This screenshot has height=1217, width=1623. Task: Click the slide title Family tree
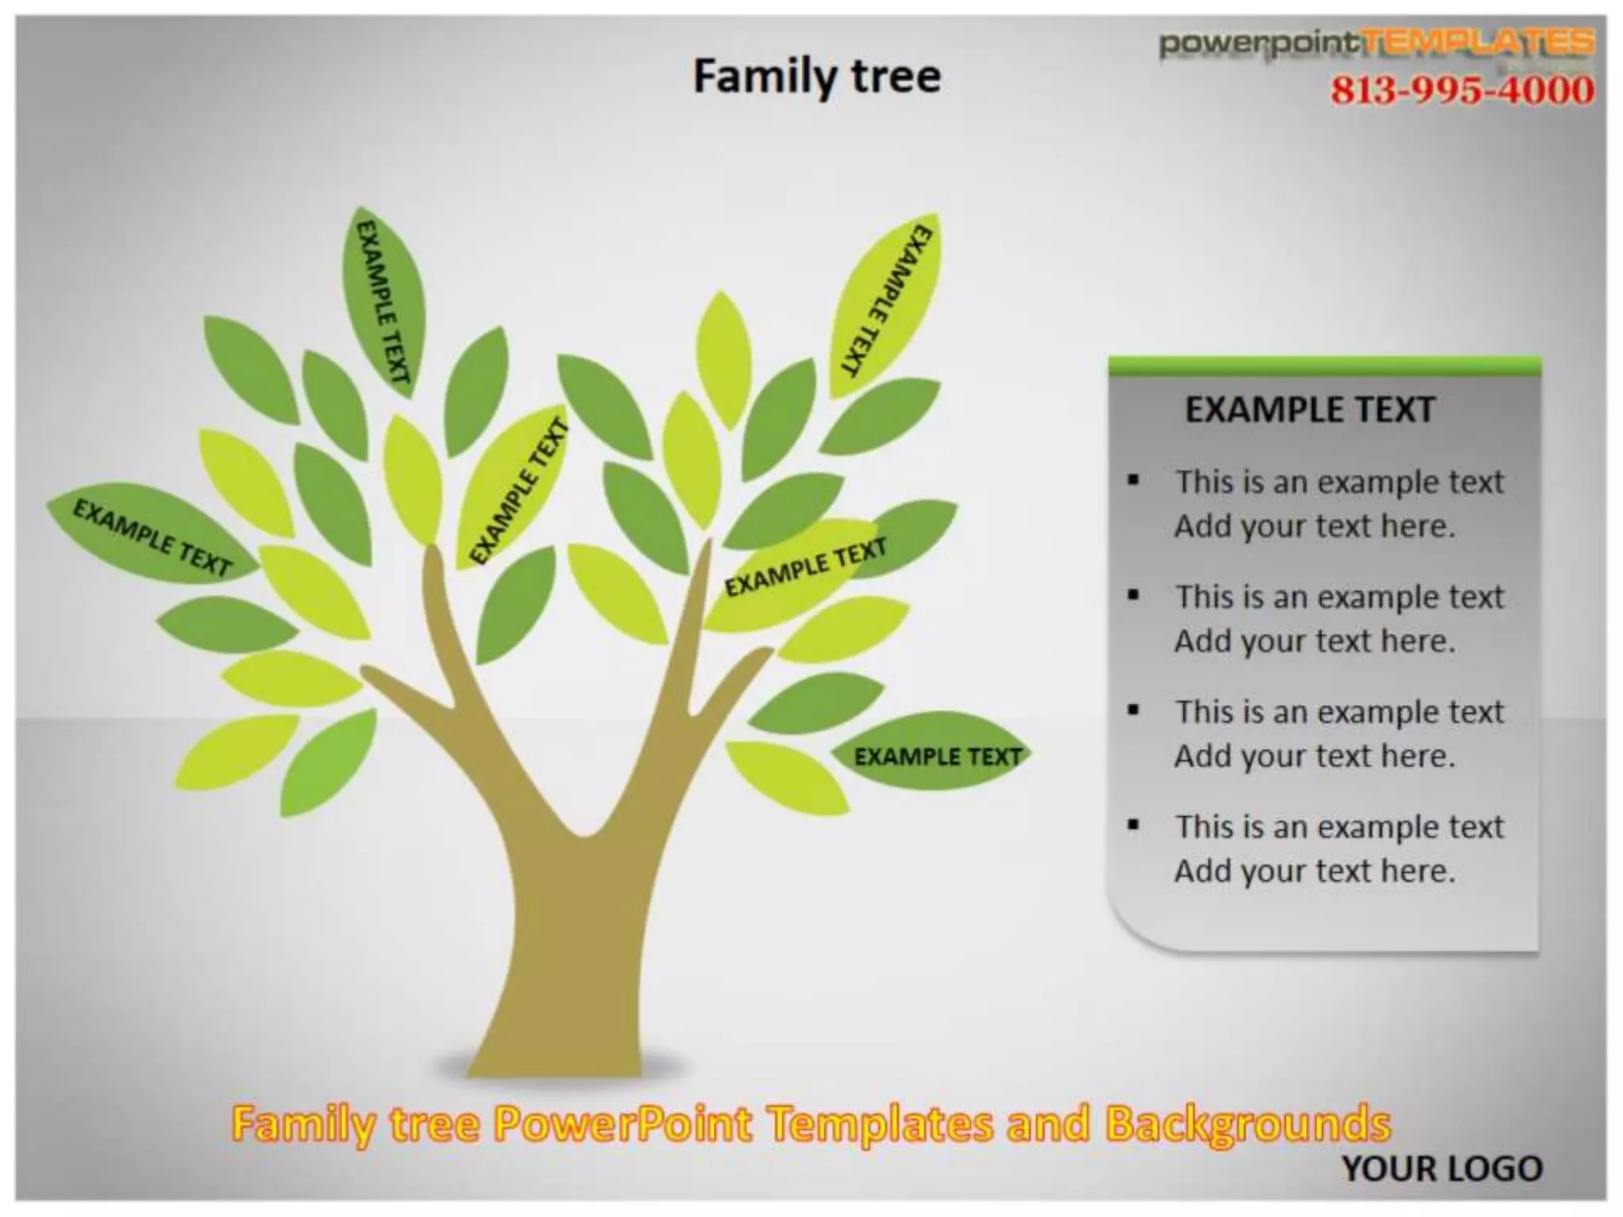point(817,77)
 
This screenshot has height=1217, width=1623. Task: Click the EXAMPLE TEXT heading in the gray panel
point(1310,410)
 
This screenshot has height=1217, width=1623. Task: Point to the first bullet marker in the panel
point(1134,479)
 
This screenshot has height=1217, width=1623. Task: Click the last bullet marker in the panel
point(1134,825)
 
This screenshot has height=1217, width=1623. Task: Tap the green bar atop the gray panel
point(1323,366)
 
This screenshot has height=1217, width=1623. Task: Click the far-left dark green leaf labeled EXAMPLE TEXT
point(151,537)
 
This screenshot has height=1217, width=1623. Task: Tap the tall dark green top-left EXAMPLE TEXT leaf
point(384,301)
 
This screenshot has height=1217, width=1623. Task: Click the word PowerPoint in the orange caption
point(622,1124)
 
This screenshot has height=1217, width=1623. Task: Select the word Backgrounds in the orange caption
point(1248,1124)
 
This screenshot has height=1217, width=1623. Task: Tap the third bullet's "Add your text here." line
point(1315,756)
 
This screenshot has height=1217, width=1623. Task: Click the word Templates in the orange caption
point(880,1124)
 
